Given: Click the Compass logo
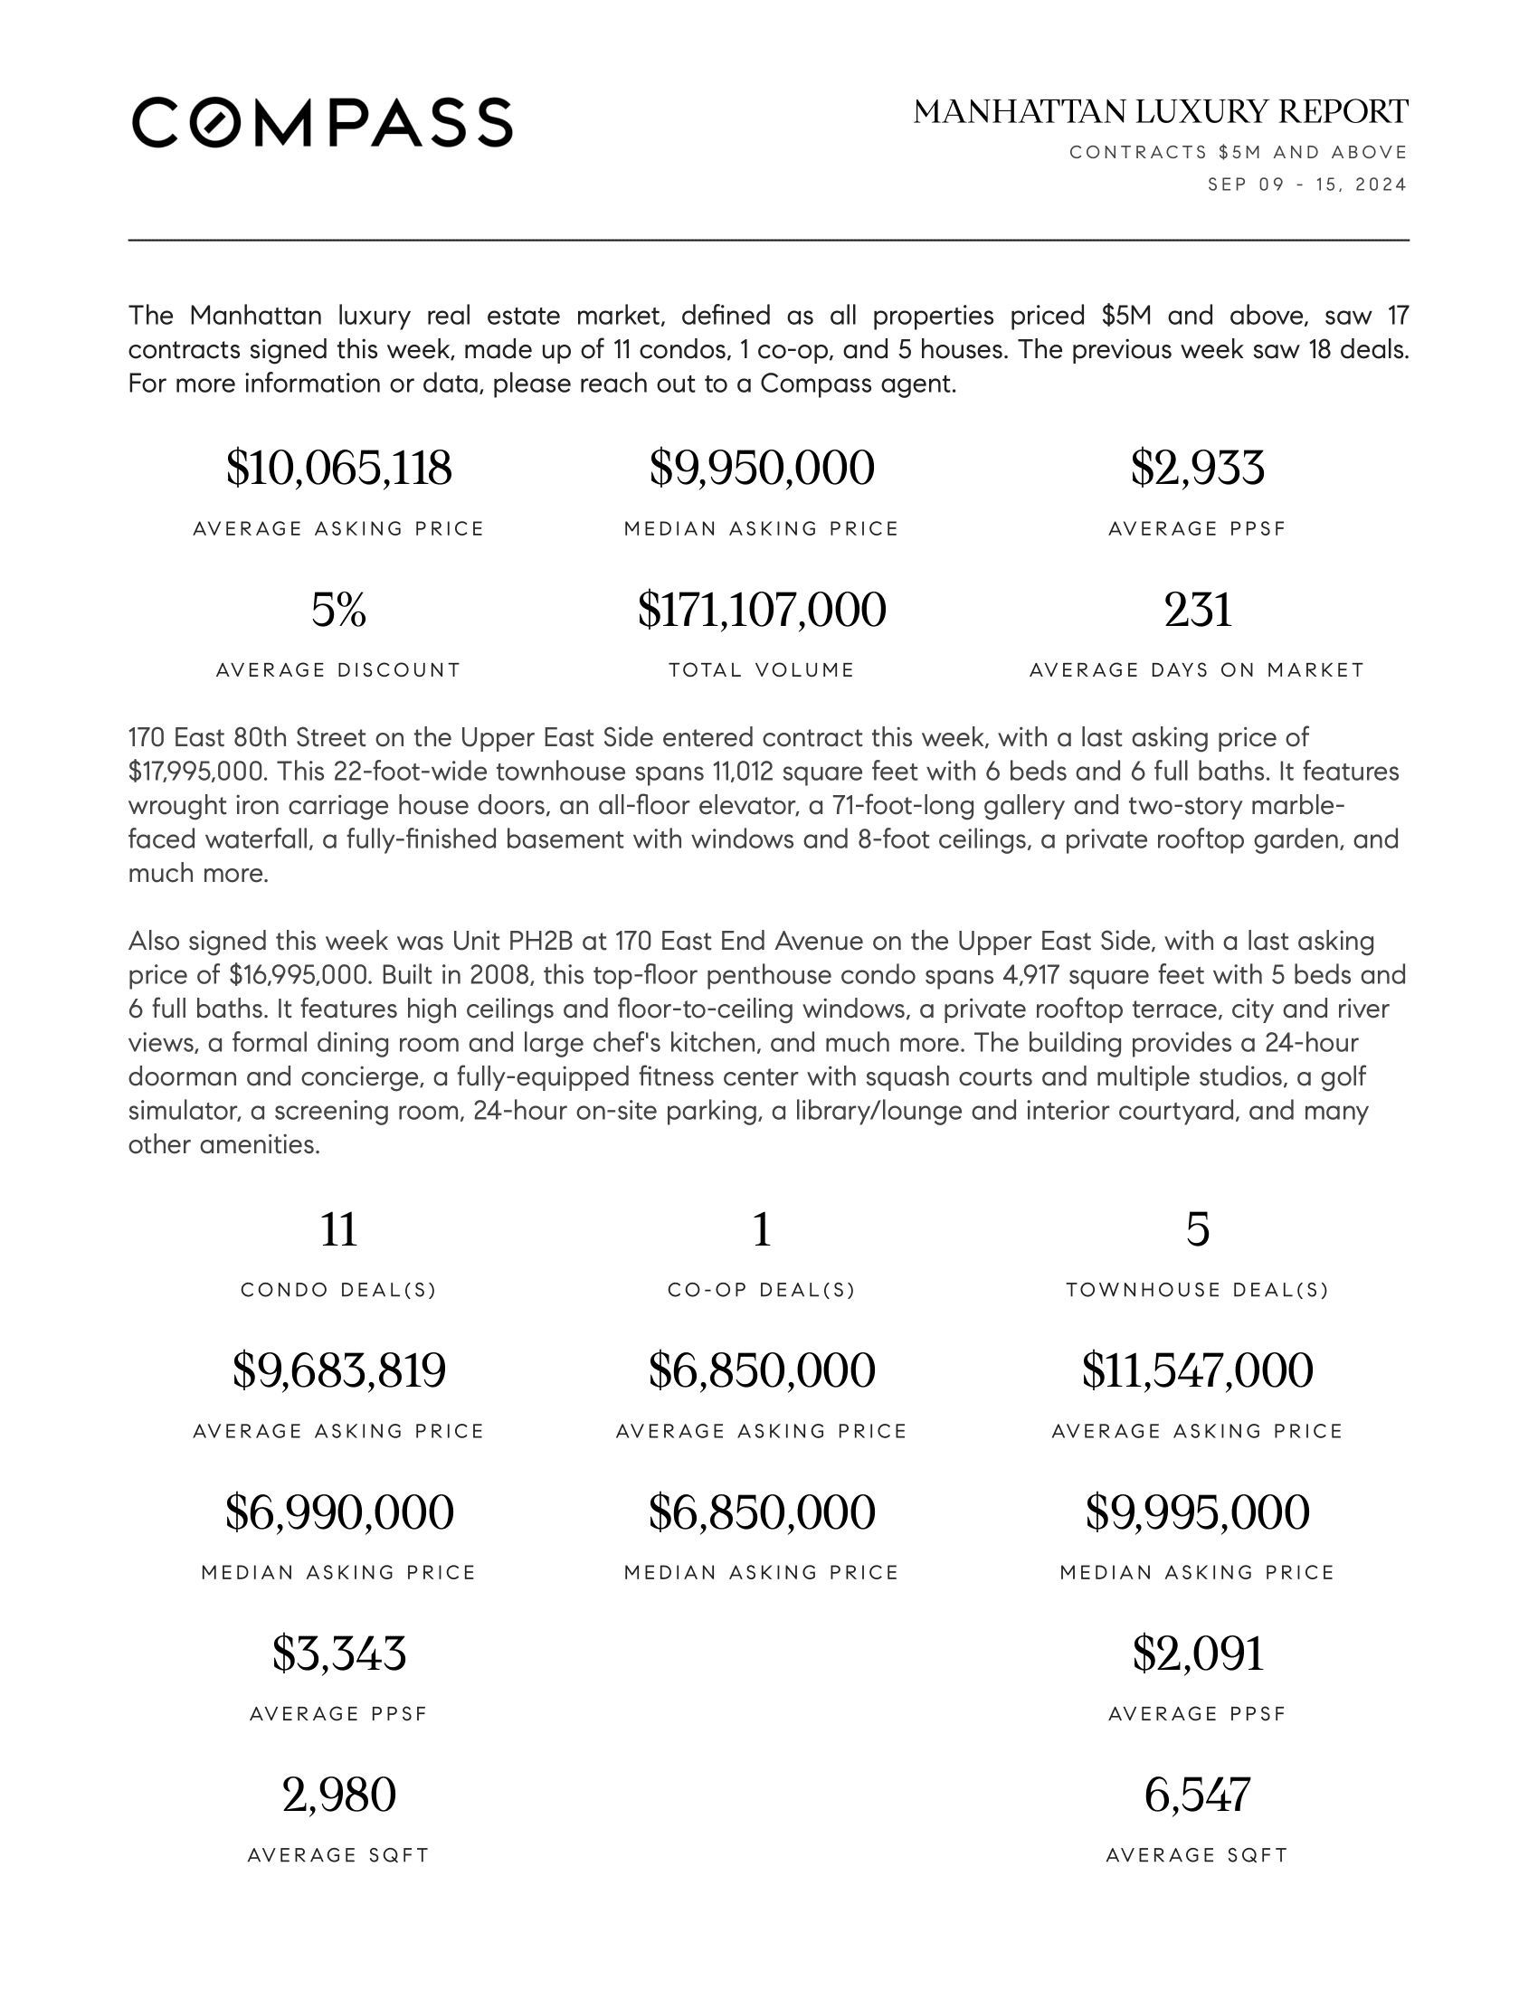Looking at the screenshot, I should click(x=322, y=122).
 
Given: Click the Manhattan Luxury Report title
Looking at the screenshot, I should click(x=1160, y=112).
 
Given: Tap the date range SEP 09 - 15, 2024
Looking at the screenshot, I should click(x=1306, y=185).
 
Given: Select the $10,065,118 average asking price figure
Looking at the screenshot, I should click(x=338, y=469).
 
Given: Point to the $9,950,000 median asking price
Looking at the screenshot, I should click(x=761, y=469).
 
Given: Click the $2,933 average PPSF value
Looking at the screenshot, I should click(x=1196, y=469).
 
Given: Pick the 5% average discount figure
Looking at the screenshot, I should click(x=338, y=610).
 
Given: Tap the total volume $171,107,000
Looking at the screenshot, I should click(x=761, y=610).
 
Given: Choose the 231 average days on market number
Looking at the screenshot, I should click(x=1196, y=610).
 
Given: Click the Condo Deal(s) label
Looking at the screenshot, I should click(x=338, y=1289).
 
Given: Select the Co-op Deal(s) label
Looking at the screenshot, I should click(x=761, y=1289).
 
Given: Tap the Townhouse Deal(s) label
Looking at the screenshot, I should click(x=1196, y=1289).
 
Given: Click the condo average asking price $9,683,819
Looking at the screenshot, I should click(x=338, y=1370).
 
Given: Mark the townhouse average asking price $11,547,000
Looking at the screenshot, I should click(x=1196, y=1370).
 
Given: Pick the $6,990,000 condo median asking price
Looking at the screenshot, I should click(x=338, y=1511).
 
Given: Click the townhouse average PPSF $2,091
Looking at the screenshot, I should click(x=1196, y=1653).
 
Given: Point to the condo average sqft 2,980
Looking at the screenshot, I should click(x=338, y=1795).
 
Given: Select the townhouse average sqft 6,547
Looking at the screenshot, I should click(x=1196, y=1795).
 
